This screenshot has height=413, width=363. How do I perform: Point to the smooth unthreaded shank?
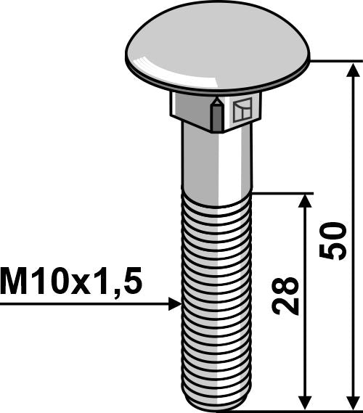216,160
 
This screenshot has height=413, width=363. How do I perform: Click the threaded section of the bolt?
216,290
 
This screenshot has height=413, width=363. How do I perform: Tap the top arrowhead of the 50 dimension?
354,70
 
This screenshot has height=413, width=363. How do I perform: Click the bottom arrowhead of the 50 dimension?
354,402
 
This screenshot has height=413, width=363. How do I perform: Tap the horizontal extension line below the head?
334,62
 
